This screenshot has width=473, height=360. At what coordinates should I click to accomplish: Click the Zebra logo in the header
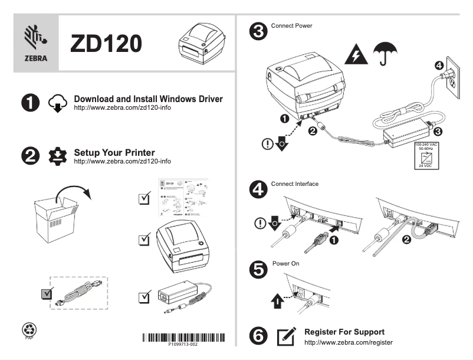35,43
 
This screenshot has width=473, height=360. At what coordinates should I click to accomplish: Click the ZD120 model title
106,44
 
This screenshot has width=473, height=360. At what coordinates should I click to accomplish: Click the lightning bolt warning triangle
356,55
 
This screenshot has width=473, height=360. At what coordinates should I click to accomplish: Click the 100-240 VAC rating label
425,155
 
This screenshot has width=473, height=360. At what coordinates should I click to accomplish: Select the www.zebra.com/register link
347,342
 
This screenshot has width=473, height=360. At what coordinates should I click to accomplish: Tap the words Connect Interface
294,184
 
